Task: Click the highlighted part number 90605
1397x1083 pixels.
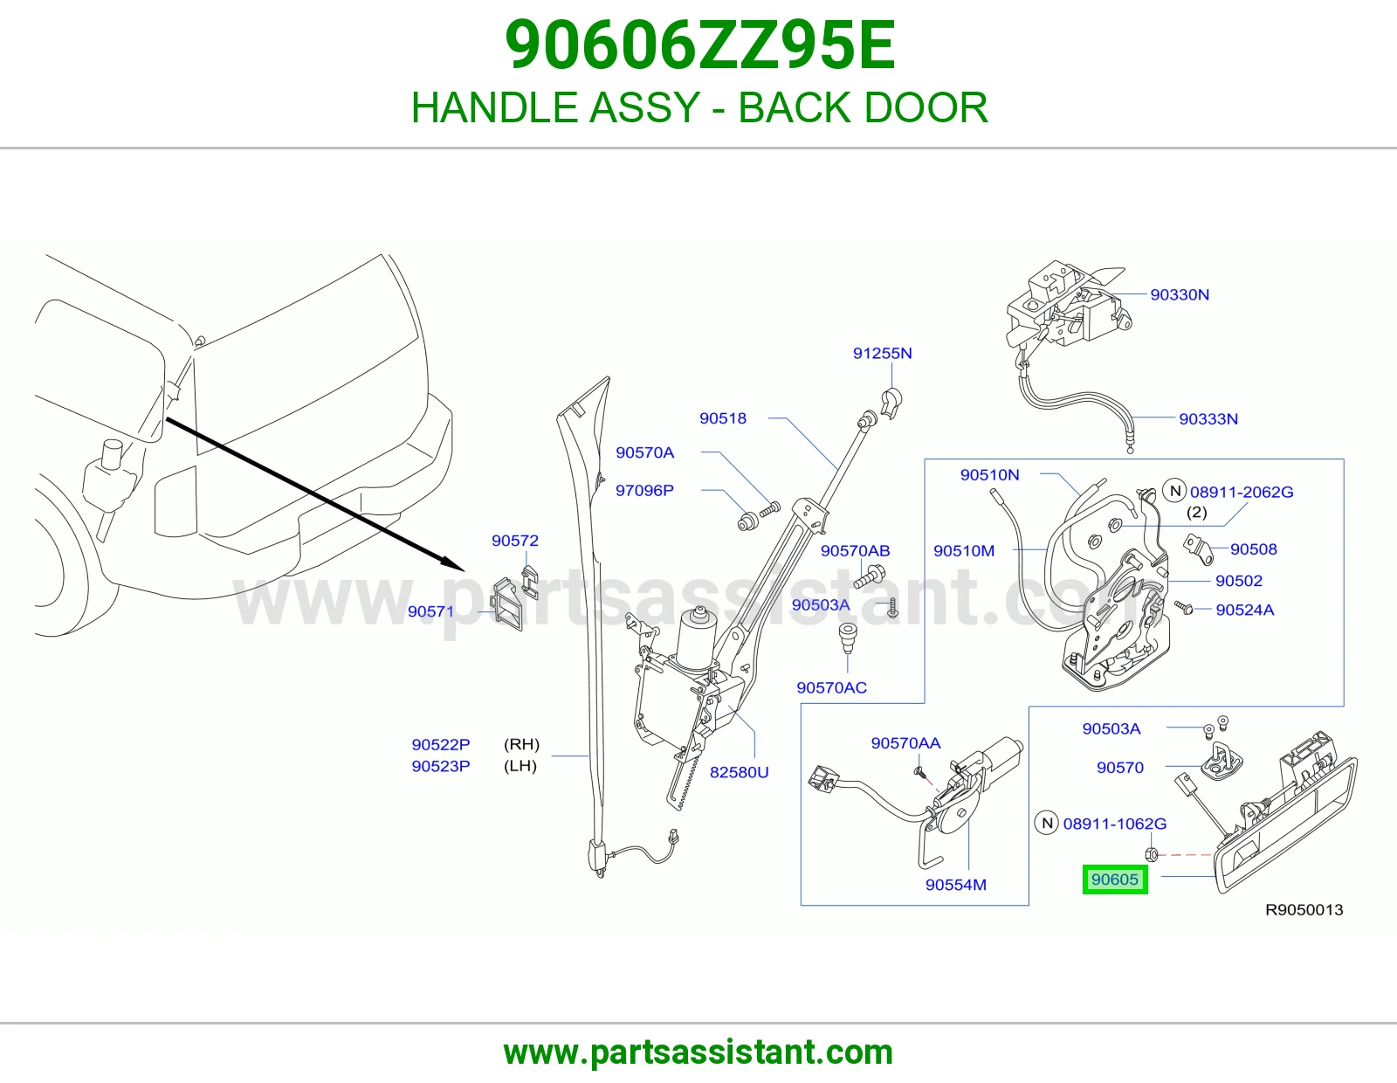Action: [1114, 880]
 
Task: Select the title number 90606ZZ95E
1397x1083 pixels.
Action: [699, 45]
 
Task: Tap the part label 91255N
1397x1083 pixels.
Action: [882, 353]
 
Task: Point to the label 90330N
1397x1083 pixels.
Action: [1180, 294]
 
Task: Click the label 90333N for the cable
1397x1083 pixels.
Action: [1208, 418]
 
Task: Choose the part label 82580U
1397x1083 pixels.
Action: [739, 772]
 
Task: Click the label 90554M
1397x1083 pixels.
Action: [955, 884]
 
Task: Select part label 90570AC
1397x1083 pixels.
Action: [831, 687]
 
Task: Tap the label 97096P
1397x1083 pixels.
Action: [645, 490]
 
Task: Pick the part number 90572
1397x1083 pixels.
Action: [515, 541]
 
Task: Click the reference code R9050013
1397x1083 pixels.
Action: [1304, 909]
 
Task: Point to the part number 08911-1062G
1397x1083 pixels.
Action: [1114, 824]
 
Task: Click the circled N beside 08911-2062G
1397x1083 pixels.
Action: [1174, 491]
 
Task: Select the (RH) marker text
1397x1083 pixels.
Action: [521, 744]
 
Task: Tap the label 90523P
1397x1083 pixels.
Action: [440, 766]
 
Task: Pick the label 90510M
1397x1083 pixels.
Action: [964, 550]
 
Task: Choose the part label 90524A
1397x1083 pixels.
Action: [1244, 610]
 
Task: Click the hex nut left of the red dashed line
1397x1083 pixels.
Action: [1152, 855]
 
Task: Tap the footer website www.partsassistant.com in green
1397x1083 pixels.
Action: [698, 1052]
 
